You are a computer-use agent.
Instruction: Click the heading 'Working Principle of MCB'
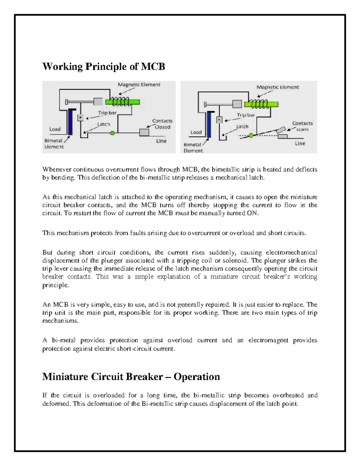tap(103, 66)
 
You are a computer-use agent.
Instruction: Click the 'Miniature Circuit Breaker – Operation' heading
tap(131, 377)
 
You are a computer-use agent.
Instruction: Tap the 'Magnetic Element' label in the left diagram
tap(139, 85)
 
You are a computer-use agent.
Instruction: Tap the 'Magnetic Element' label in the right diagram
tap(277, 87)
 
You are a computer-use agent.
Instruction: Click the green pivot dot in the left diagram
tap(112, 133)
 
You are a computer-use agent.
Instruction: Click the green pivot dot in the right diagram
tap(251, 135)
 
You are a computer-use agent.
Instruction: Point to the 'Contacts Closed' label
tap(162, 124)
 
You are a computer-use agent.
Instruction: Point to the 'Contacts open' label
tap(302, 126)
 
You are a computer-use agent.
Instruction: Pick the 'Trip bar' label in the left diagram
tap(107, 113)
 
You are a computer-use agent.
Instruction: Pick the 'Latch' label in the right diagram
tap(242, 127)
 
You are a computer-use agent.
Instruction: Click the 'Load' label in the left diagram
tap(55, 129)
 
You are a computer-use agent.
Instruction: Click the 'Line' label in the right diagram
tap(300, 143)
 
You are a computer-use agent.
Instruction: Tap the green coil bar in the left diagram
tap(122, 102)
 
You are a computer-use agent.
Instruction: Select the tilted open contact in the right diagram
tap(281, 130)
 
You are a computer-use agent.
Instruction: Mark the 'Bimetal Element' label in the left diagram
tap(54, 144)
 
